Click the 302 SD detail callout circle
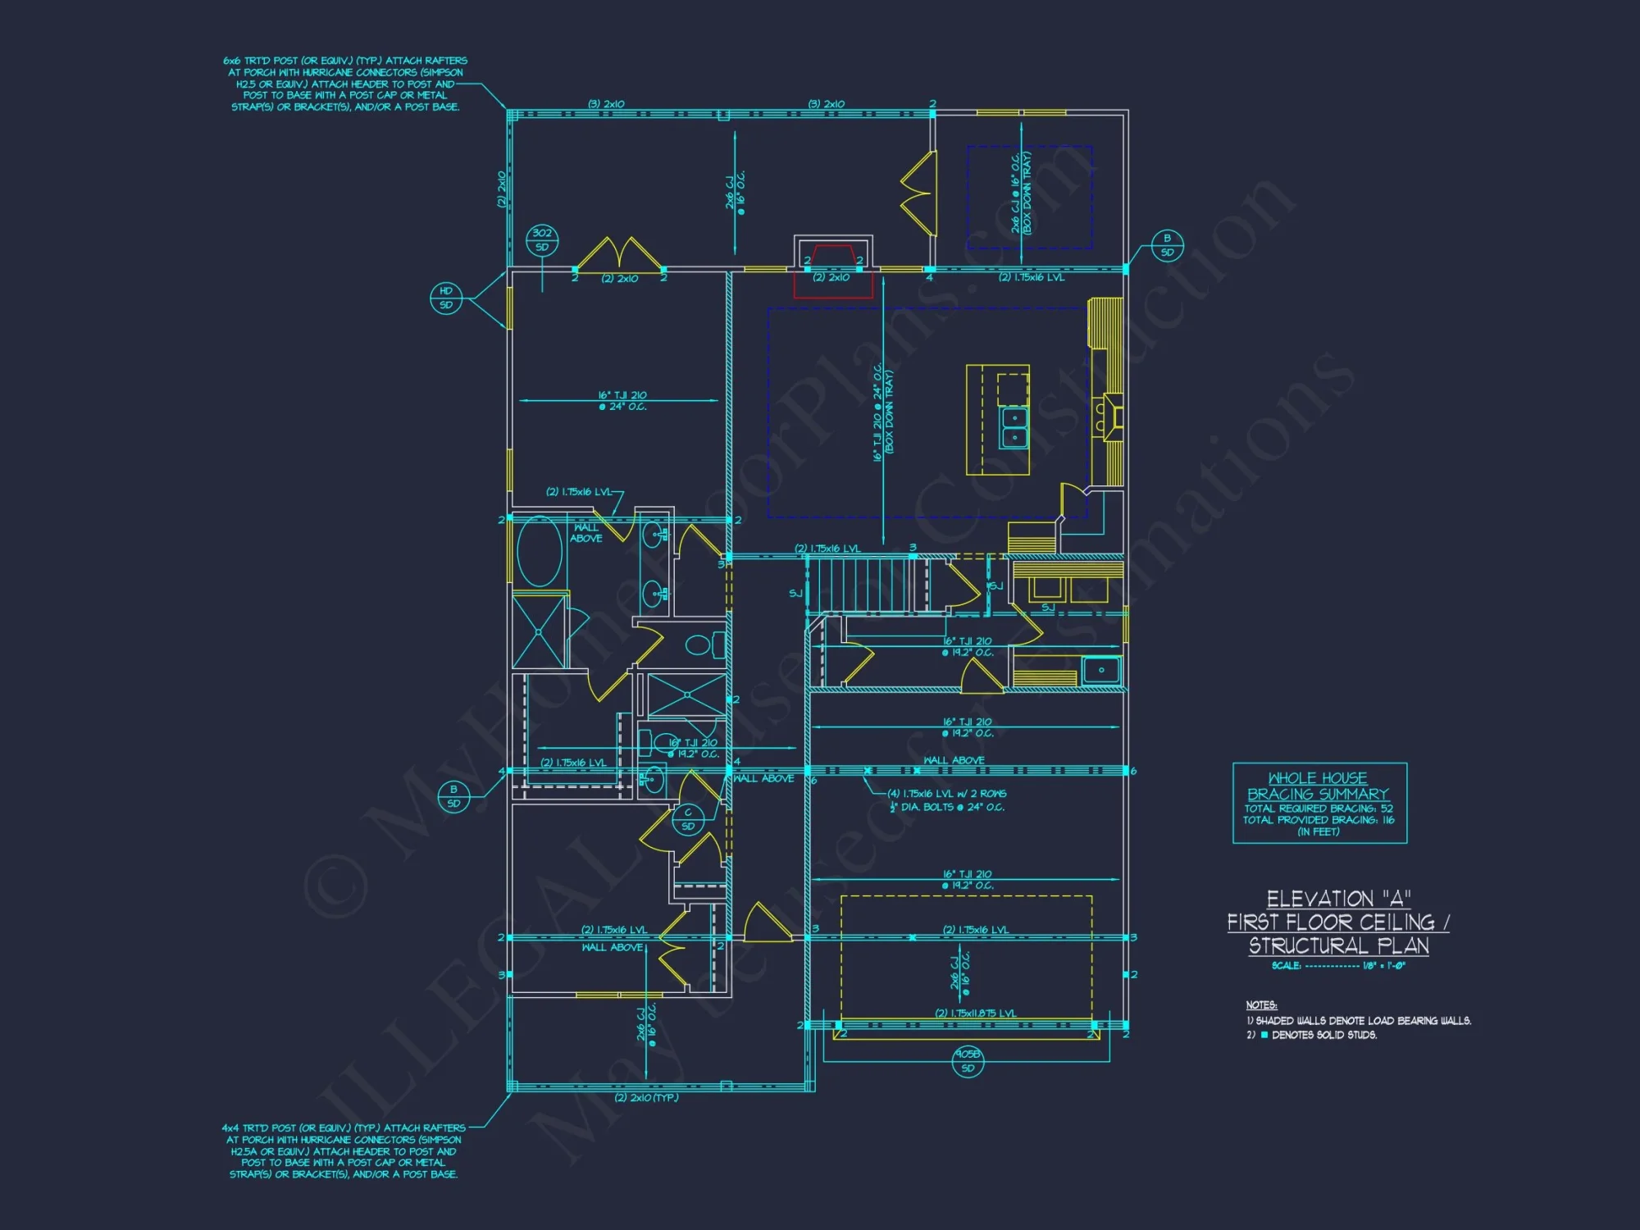point(541,239)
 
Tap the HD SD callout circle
point(446,298)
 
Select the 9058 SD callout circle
point(968,1061)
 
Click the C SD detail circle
point(688,819)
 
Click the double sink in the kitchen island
point(1014,426)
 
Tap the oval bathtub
point(540,551)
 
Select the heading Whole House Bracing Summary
point(1318,786)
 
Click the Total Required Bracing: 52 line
point(1318,809)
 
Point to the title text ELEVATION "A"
point(1337,899)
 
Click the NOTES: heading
point(1261,1005)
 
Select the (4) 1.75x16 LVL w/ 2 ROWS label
point(947,794)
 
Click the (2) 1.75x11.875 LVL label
point(976,1014)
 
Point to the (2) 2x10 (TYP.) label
point(646,1098)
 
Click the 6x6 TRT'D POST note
point(345,84)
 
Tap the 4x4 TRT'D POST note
point(344,1151)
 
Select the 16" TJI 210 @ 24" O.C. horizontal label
point(622,401)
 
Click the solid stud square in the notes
point(1264,1036)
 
